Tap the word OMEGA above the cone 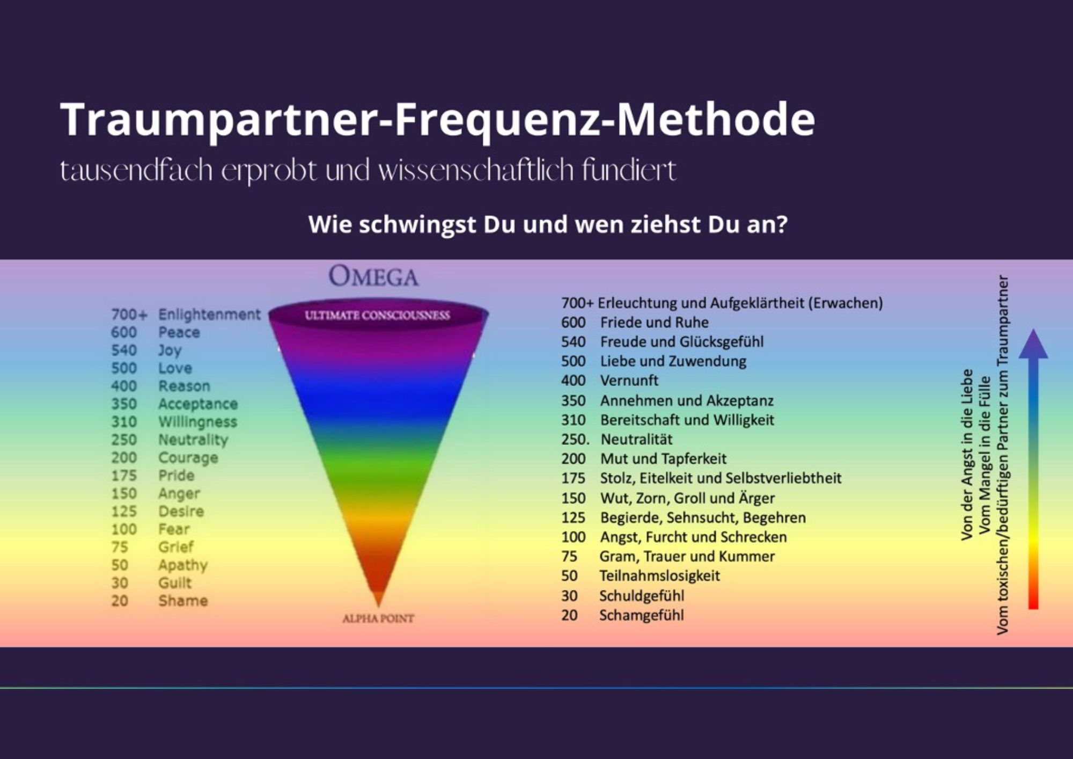373,277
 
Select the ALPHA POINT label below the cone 378,618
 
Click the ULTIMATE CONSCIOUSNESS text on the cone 377,316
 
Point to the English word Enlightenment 209,315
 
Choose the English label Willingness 197,422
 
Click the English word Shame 183,601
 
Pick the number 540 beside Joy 124,351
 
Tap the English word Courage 188,458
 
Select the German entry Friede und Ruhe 655,323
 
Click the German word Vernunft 629,381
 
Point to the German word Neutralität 636,440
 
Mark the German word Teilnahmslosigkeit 660,576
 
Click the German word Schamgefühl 642,615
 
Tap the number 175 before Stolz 573,478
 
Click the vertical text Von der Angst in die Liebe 967,454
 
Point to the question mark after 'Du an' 782,224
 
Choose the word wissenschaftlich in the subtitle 469,171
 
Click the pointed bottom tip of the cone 379,607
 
